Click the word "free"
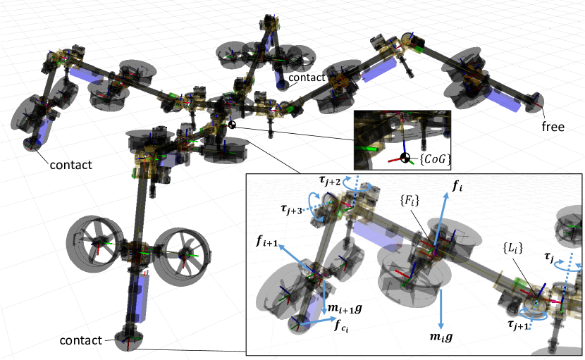coord(553,127)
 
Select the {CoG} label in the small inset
coord(435,159)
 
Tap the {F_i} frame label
coord(409,200)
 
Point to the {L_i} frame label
coord(512,248)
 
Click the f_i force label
coord(457,186)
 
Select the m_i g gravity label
coord(441,337)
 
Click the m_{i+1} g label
coord(345,309)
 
